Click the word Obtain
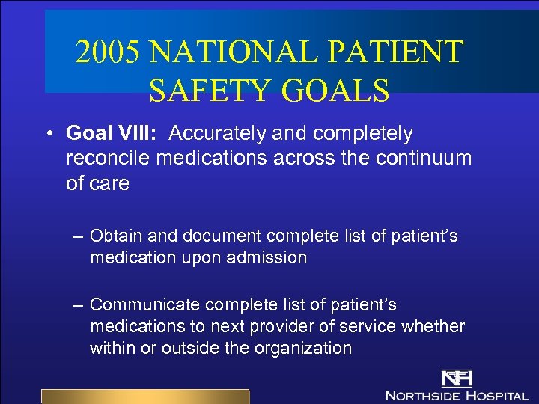(116, 236)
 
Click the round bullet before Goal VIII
(47, 134)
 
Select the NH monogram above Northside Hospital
(456, 377)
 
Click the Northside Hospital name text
(457, 394)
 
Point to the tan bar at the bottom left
(144, 397)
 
